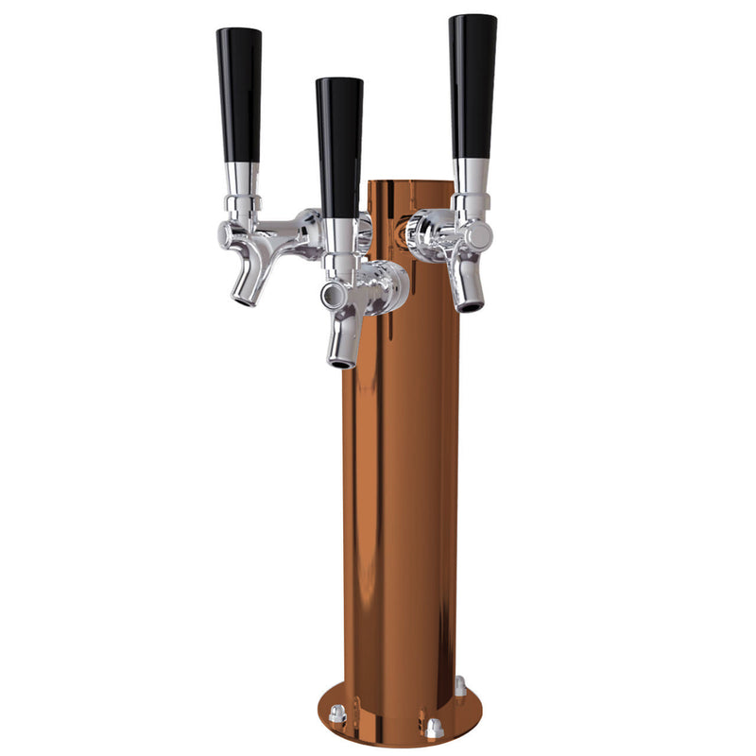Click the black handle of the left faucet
coord(239,94)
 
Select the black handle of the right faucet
coord(472,85)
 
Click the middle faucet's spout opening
coord(340,360)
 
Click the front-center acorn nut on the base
coord(433,729)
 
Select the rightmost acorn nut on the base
coord(460,684)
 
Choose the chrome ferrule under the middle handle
coord(339,234)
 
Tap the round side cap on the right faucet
coord(480,234)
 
